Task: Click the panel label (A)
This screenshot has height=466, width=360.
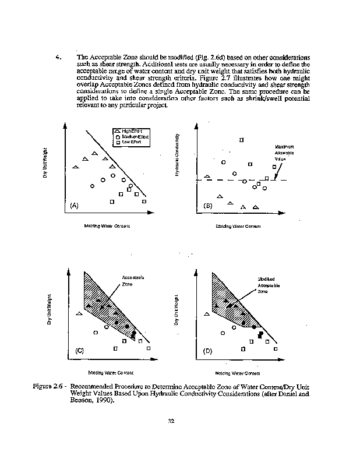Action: tap(74, 206)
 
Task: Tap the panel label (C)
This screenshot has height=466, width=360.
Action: tap(80, 351)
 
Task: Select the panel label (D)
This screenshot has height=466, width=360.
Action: tap(207, 351)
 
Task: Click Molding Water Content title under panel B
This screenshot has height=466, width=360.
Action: tap(238, 226)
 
